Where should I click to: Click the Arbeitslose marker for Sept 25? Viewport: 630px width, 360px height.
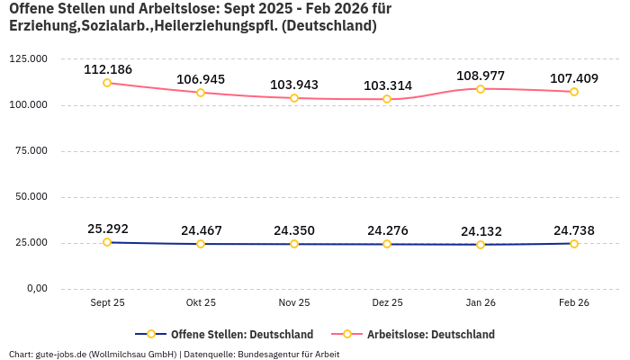(x=107, y=83)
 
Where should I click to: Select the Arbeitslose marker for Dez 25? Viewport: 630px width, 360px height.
(x=387, y=99)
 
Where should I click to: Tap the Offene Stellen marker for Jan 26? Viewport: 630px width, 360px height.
(x=481, y=245)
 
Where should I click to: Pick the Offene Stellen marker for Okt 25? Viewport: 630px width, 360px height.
(x=201, y=244)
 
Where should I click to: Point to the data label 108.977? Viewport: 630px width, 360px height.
(x=481, y=76)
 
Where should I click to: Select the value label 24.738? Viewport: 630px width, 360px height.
(x=574, y=230)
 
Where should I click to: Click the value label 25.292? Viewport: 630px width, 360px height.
(x=108, y=229)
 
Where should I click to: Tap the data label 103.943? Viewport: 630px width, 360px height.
(x=294, y=85)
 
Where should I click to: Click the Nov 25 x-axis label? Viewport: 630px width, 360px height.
(x=294, y=303)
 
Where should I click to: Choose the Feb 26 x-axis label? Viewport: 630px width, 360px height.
(x=573, y=303)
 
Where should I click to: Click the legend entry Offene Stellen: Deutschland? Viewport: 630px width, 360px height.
(x=242, y=334)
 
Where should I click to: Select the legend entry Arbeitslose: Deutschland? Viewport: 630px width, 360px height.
(x=430, y=334)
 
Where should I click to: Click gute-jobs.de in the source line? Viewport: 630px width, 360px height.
(x=61, y=355)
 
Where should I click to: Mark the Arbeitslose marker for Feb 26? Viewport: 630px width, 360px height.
(x=573, y=92)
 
